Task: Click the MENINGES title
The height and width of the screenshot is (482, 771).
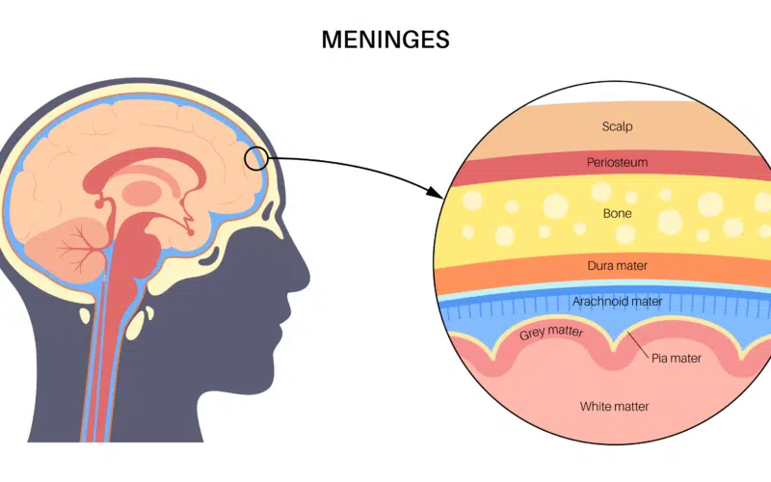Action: [x=385, y=40]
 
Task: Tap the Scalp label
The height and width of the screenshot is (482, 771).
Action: [x=617, y=126]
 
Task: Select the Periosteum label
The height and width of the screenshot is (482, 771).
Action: [x=617, y=162]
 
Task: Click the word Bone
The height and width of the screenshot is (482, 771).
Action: [x=617, y=213]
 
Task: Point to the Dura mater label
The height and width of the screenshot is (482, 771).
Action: [x=617, y=266]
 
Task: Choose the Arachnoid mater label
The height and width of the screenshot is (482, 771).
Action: [x=617, y=301]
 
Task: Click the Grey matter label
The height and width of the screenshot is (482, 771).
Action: [x=551, y=333]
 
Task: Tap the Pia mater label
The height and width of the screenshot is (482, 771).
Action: [x=677, y=358]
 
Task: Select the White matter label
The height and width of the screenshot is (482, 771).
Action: [x=614, y=406]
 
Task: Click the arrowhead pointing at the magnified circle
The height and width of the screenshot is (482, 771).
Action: [x=435, y=192]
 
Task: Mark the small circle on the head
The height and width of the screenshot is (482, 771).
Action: [x=255, y=159]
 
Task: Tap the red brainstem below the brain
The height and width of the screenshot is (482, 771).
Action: [x=129, y=255]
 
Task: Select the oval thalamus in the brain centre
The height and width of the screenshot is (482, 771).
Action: [x=141, y=192]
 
